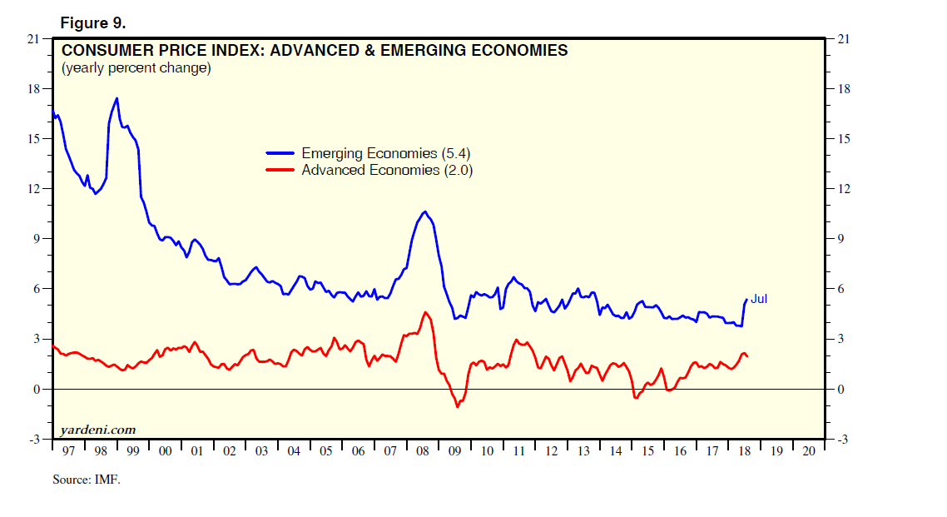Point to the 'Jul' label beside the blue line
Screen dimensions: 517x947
pyautogui.click(x=759, y=299)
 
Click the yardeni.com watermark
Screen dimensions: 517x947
pyautogui.click(x=97, y=430)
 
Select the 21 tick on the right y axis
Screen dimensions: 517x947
pyautogui.click(x=840, y=38)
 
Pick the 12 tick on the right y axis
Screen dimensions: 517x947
pyautogui.click(x=840, y=189)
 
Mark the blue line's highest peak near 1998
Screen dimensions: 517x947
pyautogui.click(x=117, y=98)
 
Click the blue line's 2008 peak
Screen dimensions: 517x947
pyautogui.click(x=424, y=211)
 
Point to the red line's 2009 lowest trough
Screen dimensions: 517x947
pyautogui.click(x=457, y=407)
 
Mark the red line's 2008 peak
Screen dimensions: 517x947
pyautogui.click(x=424, y=312)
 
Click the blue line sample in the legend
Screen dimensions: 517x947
pyautogui.click(x=280, y=153)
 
